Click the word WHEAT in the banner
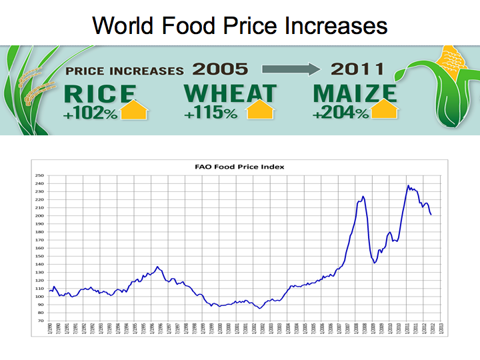point(229,93)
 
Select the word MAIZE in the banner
point(354,93)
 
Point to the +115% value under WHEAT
point(211,113)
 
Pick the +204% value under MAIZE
point(340,113)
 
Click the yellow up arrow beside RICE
point(134,109)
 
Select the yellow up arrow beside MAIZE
point(385,109)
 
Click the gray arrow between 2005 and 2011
point(288,69)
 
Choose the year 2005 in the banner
point(220,69)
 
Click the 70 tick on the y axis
point(39,321)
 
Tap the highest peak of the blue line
point(408,186)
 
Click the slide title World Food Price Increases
point(240,25)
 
